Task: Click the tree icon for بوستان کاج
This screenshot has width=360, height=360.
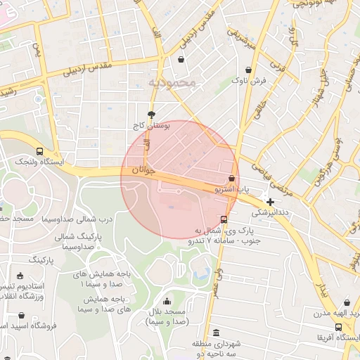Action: coord(151,115)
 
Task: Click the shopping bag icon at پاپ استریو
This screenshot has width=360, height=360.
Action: coord(232,179)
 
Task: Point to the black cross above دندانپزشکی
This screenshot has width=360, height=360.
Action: coord(270,202)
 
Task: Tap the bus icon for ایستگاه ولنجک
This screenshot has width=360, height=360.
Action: coord(39,150)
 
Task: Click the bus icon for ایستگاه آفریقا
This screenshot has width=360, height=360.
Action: coord(338,328)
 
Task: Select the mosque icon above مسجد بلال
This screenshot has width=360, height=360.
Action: coord(167,301)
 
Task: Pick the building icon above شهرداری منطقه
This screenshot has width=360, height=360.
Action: coord(215,332)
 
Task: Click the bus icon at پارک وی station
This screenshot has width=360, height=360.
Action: coord(224,219)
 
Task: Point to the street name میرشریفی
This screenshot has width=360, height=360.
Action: coord(240,39)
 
